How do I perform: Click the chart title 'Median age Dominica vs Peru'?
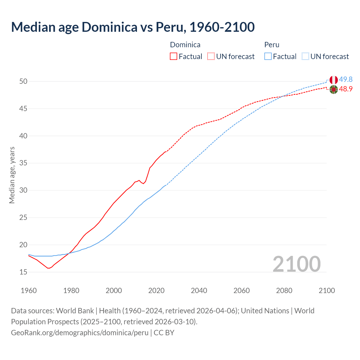[x=133, y=27]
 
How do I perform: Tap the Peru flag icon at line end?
[x=334, y=80]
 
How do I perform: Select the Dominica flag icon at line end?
[x=334, y=89]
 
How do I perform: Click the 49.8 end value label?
[x=346, y=80]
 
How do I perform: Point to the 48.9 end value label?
[x=346, y=89]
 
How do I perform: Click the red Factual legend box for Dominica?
[x=174, y=57]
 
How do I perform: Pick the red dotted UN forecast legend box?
[x=211, y=57]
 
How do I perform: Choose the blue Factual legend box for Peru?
[x=268, y=57]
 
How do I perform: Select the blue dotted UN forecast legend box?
[x=305, y=57]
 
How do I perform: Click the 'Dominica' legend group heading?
[x=185, y=45]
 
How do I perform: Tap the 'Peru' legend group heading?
[x=272, y=45]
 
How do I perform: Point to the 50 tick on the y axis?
[x=23, y=82]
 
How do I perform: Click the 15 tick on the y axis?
[x=23, y=272]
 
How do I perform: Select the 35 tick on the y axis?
[x=23, y=163]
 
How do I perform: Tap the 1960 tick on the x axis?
[x=29, y=291]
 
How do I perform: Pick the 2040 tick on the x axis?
[x=199, y=291]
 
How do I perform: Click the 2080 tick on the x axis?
[x=284, y=291]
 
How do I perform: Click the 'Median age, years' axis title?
[x=12, y=175]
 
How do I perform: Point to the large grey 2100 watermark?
[x=296, y=264]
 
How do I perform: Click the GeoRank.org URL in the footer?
[x=80, y=333]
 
